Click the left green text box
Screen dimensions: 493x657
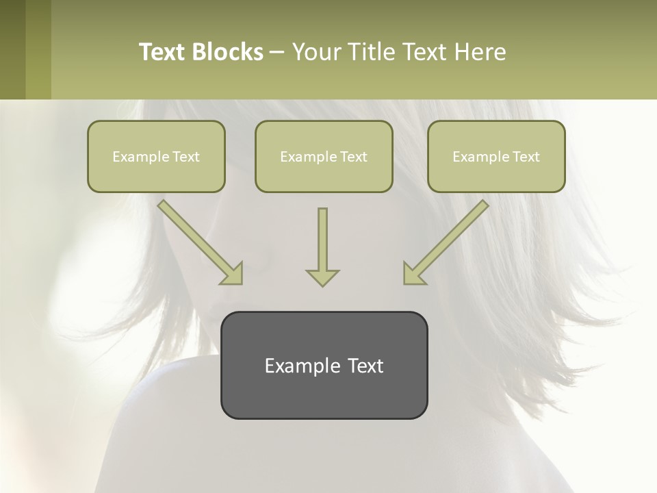pos(156,156)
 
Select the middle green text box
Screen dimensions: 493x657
pos(324,156)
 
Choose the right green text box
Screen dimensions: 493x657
pos(496,156)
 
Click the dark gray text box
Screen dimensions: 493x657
pos(324,365)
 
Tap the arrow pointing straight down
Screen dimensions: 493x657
pos(322,246)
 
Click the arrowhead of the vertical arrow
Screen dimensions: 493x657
pos(322,277)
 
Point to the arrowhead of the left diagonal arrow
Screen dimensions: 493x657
pos(233,274)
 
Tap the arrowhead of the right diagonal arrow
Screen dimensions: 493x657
pos(413,274)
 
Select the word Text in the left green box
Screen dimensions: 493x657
pos(185,157)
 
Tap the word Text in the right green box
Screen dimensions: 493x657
pos(526,157)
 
